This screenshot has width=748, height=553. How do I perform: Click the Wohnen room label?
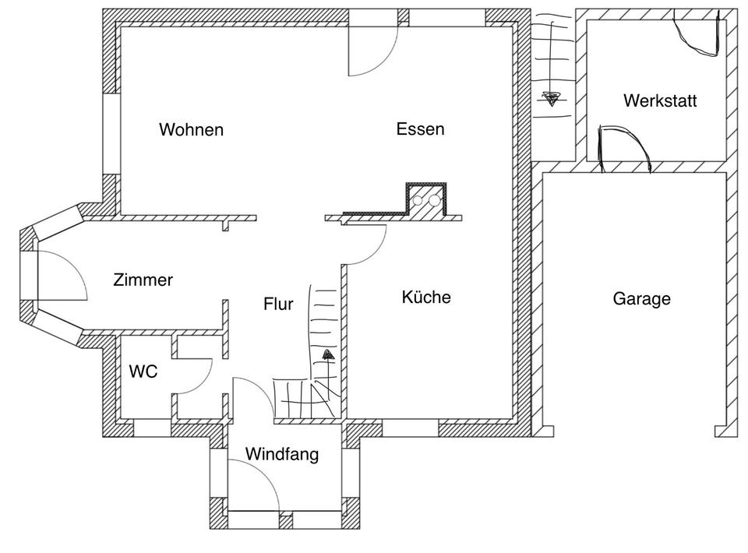(x=191, y=129)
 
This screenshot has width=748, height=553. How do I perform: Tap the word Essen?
(x=420, y=129)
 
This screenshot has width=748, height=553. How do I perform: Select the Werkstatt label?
(x=659, y=100)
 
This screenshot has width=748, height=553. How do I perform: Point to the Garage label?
(x=641, y=298)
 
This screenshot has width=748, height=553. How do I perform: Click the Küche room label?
(x=426, y=297)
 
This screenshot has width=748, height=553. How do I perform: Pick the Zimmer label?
(x=143, y=280)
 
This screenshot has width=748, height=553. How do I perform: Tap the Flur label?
(x=278, y=304)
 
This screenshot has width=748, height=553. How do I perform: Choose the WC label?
(x=143, y=372)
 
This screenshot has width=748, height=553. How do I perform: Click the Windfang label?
(x=282, y=454)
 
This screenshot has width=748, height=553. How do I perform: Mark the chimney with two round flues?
(x=426, y=199)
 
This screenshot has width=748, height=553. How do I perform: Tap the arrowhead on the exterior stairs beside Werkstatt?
(x=551, y=99)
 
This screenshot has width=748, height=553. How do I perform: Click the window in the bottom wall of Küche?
(x=410, y=428)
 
